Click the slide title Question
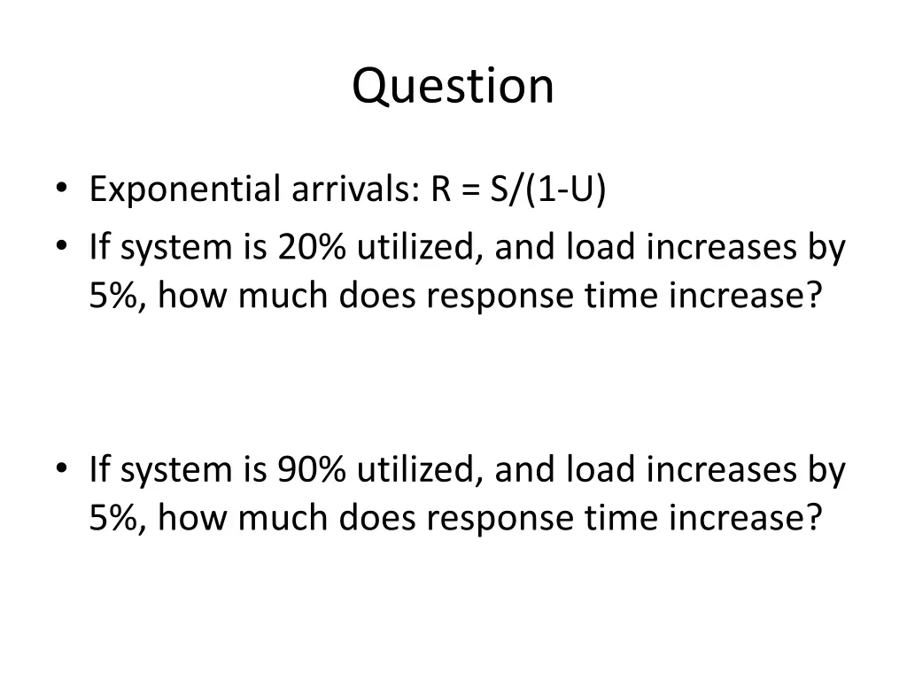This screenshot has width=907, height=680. click(453, 86)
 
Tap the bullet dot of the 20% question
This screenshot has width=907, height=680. click(60, 248)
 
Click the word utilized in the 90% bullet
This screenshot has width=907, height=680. click(419, 470)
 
